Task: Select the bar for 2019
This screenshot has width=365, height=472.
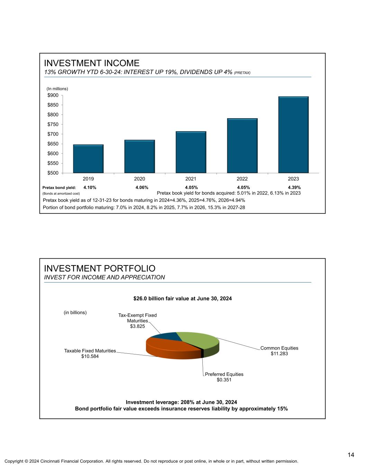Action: click(x=88, y=159)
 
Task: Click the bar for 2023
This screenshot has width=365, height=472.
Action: click(x=293, y=135)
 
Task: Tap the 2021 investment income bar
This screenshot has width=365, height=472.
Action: click(x=191, y=152)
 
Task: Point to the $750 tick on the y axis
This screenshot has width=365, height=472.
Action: click(x=53, y=124)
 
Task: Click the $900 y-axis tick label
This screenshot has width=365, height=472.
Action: click(x=53, y=95)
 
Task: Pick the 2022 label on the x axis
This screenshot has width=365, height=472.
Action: click(x=242, y=179)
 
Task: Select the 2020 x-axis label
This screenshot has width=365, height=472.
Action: click(x=139, y=179)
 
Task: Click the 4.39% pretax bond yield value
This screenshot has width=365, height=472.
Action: click(x=294, y=187)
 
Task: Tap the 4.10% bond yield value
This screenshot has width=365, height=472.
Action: click(x=90, y=187)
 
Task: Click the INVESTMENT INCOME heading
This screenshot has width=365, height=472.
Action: click(x=92, y=63)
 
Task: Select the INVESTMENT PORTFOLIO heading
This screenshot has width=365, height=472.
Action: click(x=100, y=268)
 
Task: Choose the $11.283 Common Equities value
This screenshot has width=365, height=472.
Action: click(x=279, y=353)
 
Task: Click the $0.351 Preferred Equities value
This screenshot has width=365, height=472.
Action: click(x=224, y=380)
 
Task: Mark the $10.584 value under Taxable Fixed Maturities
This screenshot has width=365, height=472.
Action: click(x=90, y=356)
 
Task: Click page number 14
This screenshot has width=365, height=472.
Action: click(x=351, y=455)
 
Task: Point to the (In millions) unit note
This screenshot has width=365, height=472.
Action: click(x=57, y=89)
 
